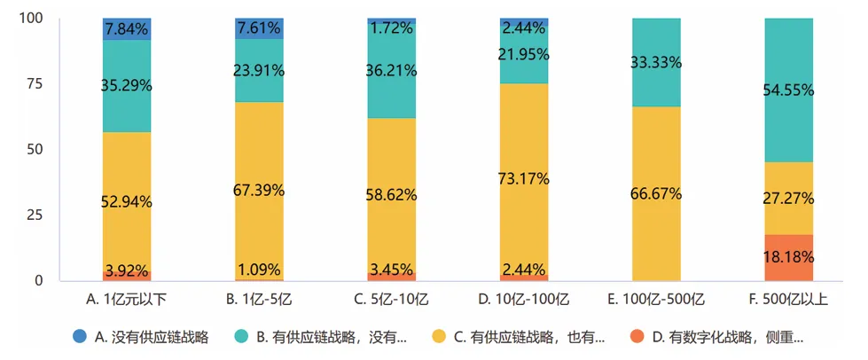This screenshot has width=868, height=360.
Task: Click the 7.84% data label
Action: [126, 29]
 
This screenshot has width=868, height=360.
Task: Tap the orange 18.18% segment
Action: [789, 257]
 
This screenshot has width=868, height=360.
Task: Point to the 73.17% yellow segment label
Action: [524, 179]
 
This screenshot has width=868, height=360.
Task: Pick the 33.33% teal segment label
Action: [657, 62]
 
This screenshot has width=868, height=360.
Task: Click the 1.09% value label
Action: [259, 269]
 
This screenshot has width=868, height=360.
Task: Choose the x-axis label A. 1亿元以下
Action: [126, 299]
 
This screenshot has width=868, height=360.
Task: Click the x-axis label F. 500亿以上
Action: [789, 299]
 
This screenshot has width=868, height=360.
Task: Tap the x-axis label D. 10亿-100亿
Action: [524, 299]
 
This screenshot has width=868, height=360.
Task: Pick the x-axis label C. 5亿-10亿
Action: [391, 299]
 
